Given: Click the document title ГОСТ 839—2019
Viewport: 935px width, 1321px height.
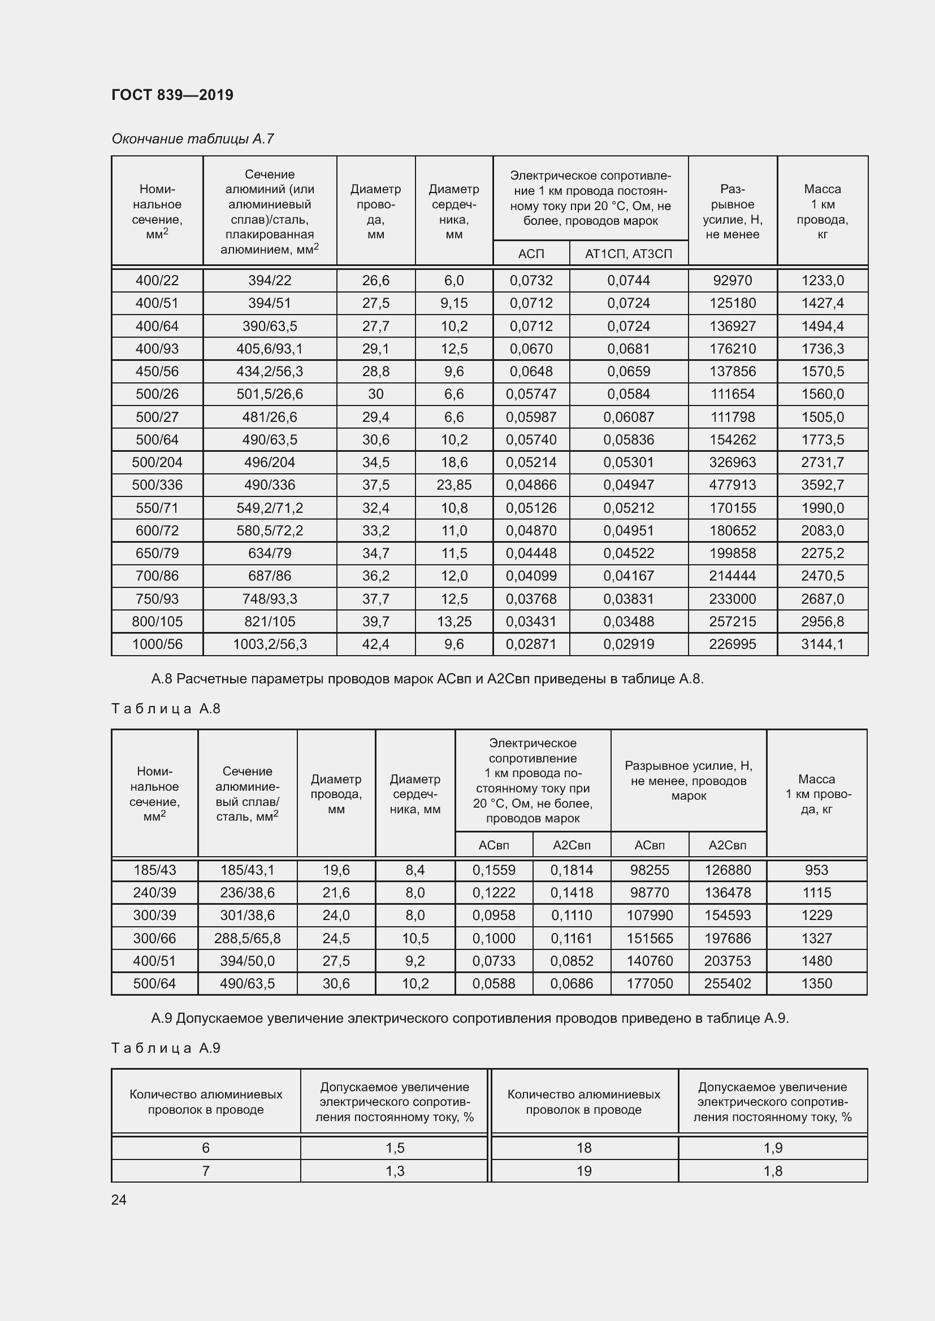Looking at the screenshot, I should click(x=172, y=95).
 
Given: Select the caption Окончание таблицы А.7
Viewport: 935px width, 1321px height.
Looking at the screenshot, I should click(x=192, y=139).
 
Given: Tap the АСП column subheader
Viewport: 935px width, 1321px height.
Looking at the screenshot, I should click(x=531, y=254).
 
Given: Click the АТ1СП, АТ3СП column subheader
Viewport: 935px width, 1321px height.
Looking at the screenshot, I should click(x=628, y=254).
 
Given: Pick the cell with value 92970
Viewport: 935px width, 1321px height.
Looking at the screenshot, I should click(x=731, y=280).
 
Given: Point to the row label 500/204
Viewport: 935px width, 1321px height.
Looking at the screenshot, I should click(x=157, y=462).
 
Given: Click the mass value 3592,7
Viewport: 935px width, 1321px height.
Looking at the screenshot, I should click(x=822, y=485).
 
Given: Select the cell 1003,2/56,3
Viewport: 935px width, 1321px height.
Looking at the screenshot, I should click(x=270, y=644).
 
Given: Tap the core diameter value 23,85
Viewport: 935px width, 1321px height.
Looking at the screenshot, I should click(x=454, y=485).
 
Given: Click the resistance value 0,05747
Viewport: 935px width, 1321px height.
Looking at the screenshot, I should click(x=531, y=394).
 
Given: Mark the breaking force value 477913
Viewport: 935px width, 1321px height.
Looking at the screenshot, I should click(x=731, y=485).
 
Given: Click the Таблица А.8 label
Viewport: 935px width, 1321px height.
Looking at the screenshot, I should click(x=166, y=708).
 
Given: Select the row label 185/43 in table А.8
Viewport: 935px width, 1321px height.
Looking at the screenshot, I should click(x=154, y=870).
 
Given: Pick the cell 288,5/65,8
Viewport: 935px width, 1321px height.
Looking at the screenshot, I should click(x=247, y=938).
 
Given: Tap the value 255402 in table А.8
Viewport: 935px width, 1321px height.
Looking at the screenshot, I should click(x=727, y=983).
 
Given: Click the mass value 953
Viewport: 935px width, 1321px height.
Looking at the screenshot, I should click(x=816, y=870).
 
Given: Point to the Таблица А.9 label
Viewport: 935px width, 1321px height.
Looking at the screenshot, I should click(x=166, y=1048).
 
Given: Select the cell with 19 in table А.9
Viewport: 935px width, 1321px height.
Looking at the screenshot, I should click(x=584, y=1171).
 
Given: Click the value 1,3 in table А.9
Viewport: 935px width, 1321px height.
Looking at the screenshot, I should click(x=395, y=1171).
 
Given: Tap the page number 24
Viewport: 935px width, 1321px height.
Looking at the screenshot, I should click(x=119, y=1200).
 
